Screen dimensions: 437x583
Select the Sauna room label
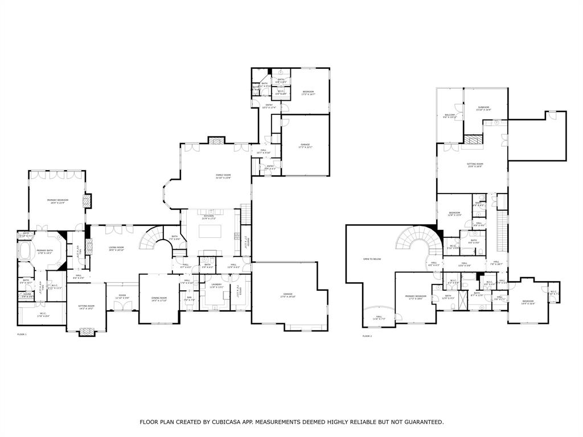(x=26, y=295)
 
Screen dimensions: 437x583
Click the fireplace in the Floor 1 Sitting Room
(x=86, y=331)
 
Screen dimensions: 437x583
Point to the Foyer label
(x=122, y=296)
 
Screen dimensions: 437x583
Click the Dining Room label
(x=159, y=299)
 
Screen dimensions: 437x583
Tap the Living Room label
(x=117, y=248)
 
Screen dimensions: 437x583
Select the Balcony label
(x=450, y=116)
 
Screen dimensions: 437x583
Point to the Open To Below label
(x=372, y=259)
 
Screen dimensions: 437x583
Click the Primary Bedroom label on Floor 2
(x=416, y=297)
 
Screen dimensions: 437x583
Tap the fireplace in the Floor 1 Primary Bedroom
(x=87, y=201)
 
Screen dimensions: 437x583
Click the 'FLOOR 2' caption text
(x=367, y=336)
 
